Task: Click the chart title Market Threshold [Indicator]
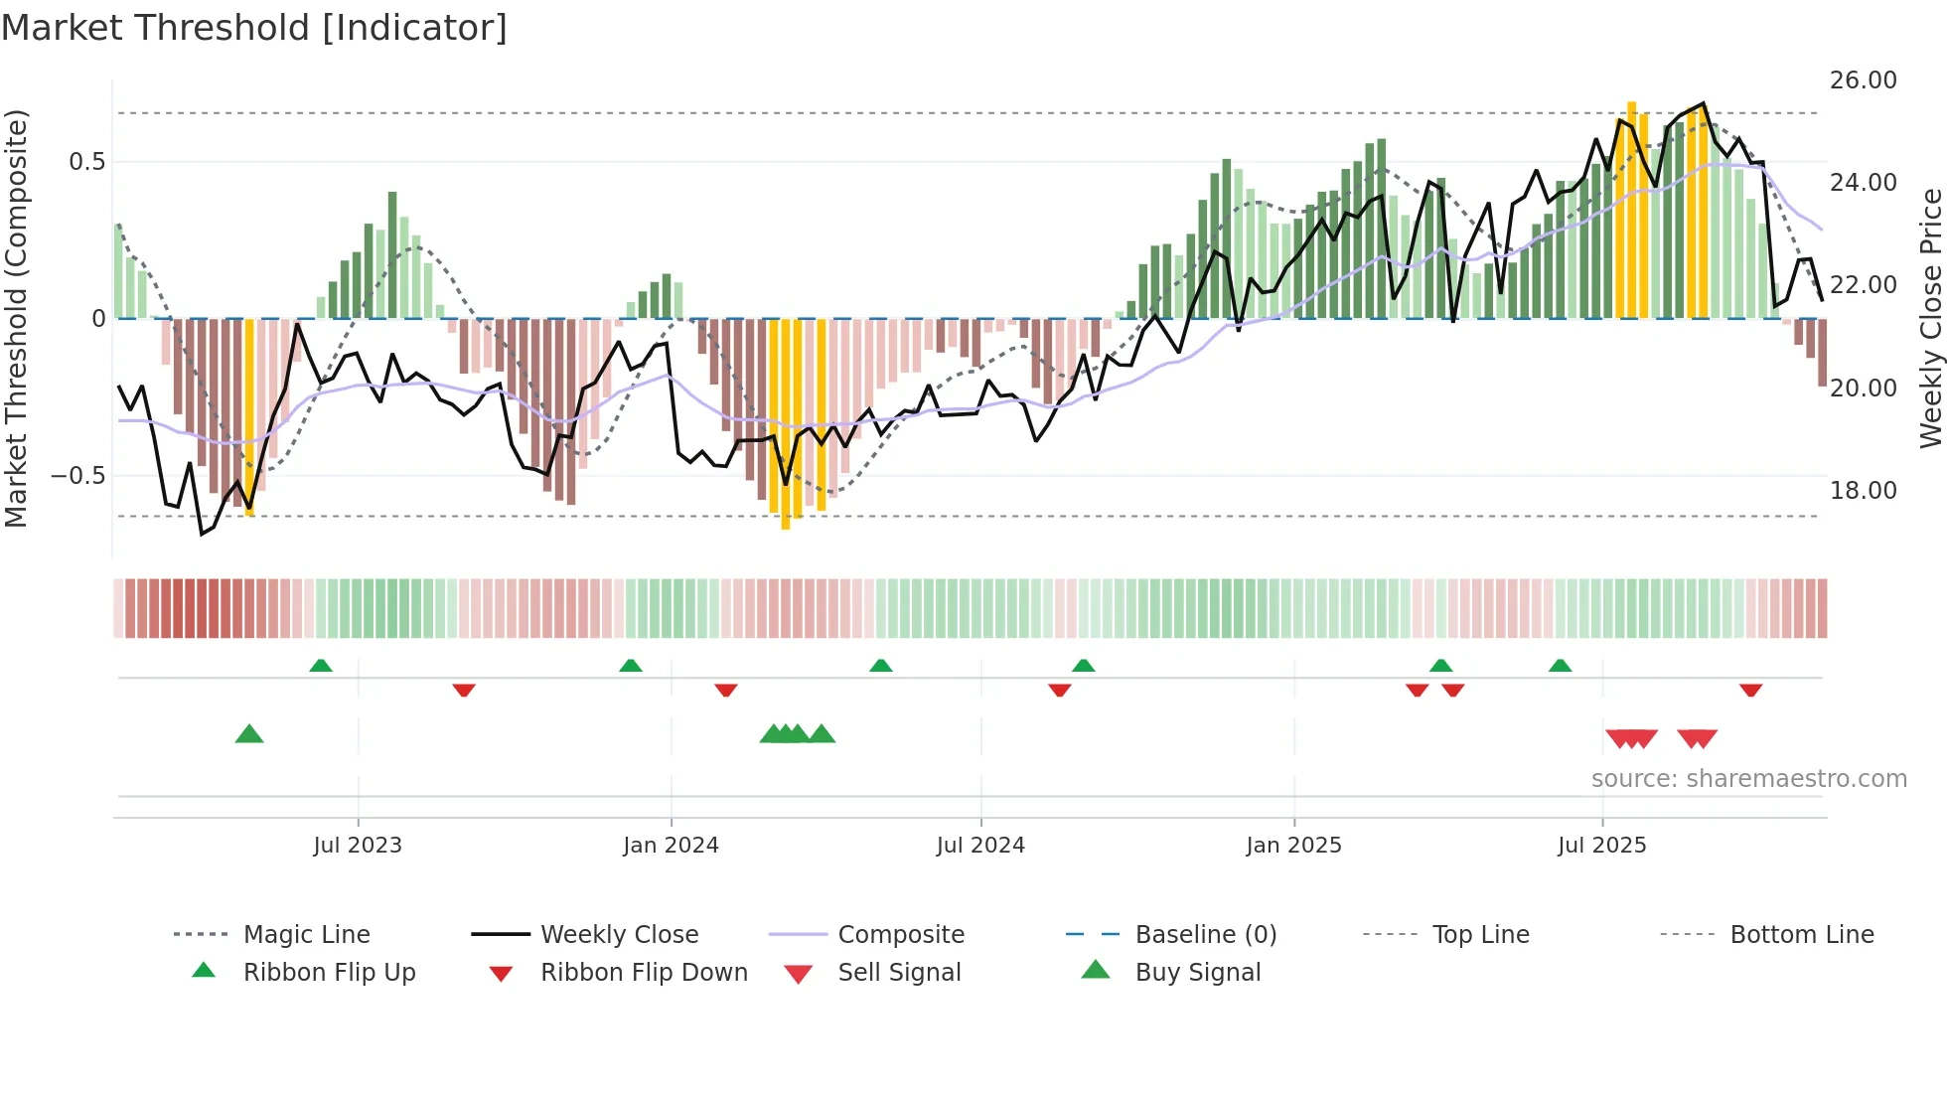(x=254, y=28)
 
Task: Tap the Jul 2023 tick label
(x=358, y=846)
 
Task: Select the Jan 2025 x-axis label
(x=1293, y=846)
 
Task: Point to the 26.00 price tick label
(x=1863, y=80)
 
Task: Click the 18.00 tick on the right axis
(x=1863, y=491)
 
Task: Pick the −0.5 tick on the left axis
(x=77, y=476)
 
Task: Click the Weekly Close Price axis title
(x=1930, y=318)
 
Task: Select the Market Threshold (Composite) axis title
(x=16, y=318)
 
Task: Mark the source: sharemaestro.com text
(x=1748, y=779)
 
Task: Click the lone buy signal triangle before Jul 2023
(x=249, y=734)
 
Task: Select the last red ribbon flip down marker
(x=1750, y=690)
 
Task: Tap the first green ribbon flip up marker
(x=321, y=666)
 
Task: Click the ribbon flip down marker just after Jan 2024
(x=726, y=690)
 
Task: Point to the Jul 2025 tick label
(x=1601, y=846)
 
